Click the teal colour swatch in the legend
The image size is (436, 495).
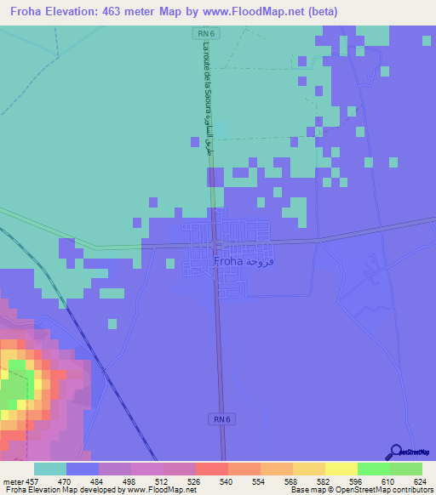[50, 469]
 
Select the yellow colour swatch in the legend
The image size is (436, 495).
[341, 469]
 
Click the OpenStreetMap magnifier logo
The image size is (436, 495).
[395, 452]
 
